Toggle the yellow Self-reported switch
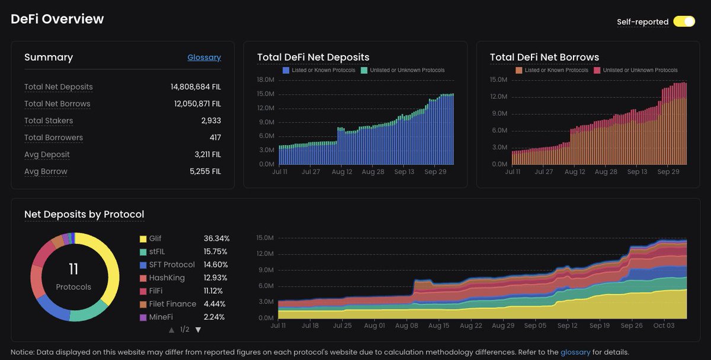(x=684, y=22)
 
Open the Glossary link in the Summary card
(x=204, y=57)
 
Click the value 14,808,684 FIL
(x=196, y=87)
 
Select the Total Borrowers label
(x=53, y=137)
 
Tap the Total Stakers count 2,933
(x=211, y=121)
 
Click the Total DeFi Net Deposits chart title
(x=313, y=57)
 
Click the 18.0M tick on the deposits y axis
(x=265, y=79)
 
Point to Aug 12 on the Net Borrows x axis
(x=575, y=172)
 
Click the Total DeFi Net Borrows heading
(x=544, y=57)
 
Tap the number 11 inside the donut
(x=73, y=270)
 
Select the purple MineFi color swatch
(x=143, y=317)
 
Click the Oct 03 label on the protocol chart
(x=663, y=326)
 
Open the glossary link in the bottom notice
(x=575, y=352)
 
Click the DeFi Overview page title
(x=57, y=19)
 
